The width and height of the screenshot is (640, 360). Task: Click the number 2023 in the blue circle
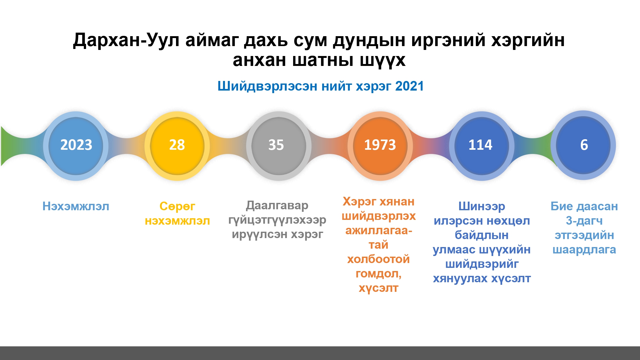pyautogui.click(x=76, y=145)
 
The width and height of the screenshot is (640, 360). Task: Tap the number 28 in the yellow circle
pyautogui.click(x=177, y=145)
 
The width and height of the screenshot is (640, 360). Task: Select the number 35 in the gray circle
pyautogui.click(x=276, y=145)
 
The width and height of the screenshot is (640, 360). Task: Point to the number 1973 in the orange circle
pyautogui.click(x=380, y=145)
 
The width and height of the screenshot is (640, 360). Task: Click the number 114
pyautogui.click(x=480, y=145)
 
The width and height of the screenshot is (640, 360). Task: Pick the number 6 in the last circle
pyautogui.click(x=584, y=145)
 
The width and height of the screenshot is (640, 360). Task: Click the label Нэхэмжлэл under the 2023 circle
pyautogui.click(x=76, y=206)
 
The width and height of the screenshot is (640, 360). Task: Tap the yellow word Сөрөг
pyautogui.click(x=177, y=206)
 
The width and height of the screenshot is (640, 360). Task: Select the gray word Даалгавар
pyautogui.click(x=277, y=206)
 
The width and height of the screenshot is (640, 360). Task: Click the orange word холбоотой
pyautogui.click(x=379, y=259)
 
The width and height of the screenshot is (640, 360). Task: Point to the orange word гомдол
pyautogui.click(x=378, y=274)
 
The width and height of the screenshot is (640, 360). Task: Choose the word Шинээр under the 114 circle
pyautogui.click(x=482, y=206)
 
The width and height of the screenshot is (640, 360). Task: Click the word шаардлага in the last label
pyautogui.click(x=584, y=250)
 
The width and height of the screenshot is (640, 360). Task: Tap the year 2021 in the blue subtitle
pyautogui.click(x=410, y=86)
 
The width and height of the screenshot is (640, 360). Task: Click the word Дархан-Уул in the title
pyautogui.click(x=126, y=40)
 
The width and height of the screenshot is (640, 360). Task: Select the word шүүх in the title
pyautogui.click(x=383, y=60)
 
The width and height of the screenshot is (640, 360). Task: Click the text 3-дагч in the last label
pyautogui.click(x=584, y=221)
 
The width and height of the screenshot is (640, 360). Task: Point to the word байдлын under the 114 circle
pyautogui.click(x=482, y=235)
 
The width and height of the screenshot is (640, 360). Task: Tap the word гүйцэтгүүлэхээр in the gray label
pyautogui.click(x=277, y=220)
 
